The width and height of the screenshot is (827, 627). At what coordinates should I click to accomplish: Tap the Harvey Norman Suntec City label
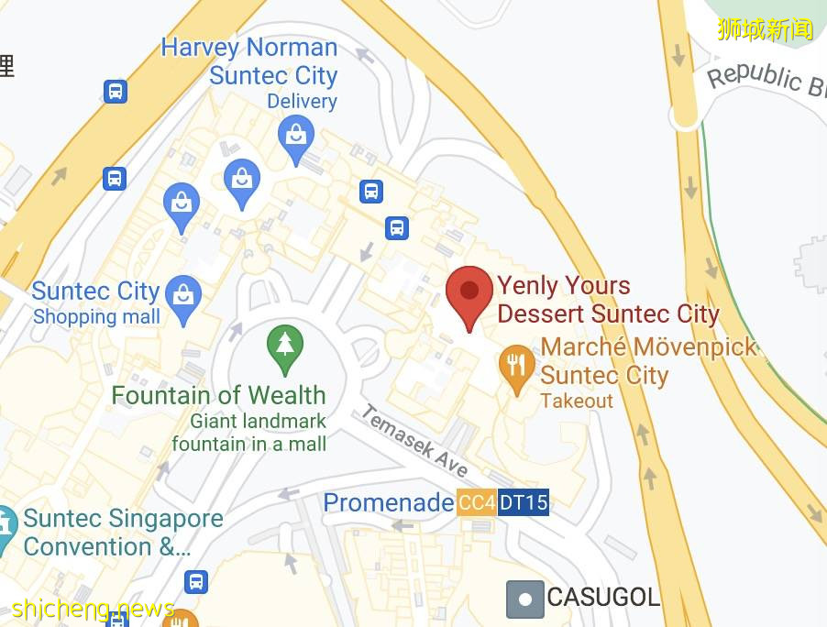pos(249,61)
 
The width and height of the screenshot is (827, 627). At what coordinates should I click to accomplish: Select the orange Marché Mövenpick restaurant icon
pos(517,366)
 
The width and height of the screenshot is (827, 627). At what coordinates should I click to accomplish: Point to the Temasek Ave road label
pos(414,441)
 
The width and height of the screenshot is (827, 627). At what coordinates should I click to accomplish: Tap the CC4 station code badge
pos(477,502)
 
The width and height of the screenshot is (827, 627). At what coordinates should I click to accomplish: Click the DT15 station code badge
pos(524,502)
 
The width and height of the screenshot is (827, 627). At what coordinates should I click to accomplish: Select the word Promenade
pos(388,502)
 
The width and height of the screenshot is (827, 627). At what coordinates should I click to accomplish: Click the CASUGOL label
pos(603,598)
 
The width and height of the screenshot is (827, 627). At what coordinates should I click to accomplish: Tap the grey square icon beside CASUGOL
pos(524,599)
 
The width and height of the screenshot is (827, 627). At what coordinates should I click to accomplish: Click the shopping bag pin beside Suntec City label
pos(184,296)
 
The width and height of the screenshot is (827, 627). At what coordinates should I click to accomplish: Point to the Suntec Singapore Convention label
pos(123,533)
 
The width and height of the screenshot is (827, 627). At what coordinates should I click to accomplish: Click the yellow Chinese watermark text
pos(765,28)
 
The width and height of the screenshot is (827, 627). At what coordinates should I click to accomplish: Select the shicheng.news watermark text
pos(93,609)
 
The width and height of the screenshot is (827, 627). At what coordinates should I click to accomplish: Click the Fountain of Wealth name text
pos(218,395)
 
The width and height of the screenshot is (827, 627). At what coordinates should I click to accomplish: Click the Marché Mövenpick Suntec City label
pos(649,361)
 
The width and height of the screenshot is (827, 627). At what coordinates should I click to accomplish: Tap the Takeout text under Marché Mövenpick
pos(577,401)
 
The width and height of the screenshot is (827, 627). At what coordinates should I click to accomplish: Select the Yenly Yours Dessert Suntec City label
pos(607,300)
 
